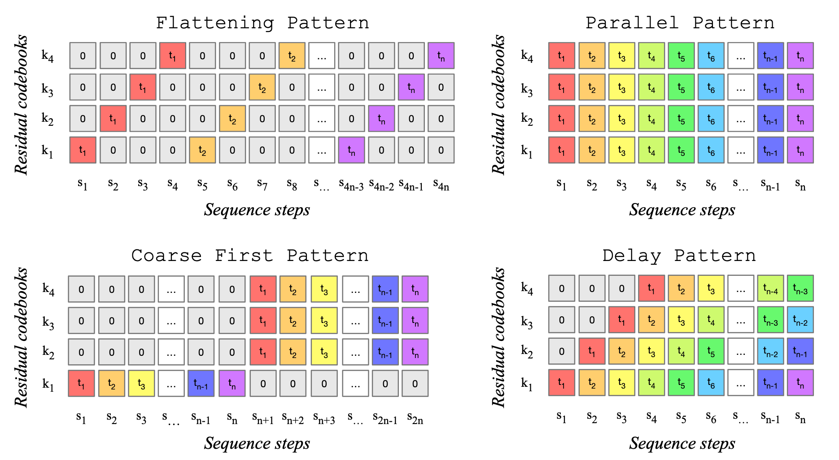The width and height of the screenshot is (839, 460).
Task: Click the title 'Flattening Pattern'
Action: [x=262, y=23]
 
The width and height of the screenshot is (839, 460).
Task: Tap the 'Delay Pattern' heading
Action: [x=679, y=256]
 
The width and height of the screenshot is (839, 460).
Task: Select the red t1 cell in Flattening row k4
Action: [x=173, y=56]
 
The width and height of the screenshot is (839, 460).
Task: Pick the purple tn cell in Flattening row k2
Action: [x=381, y=119]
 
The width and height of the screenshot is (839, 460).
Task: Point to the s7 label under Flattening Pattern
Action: [x=262, y=184]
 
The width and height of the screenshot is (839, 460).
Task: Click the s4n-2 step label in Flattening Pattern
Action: [x=381, y=184]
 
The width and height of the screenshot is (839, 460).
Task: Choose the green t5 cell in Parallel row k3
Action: [x=681, y=87]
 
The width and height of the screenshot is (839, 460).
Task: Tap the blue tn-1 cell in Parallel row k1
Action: [x=770, y=150]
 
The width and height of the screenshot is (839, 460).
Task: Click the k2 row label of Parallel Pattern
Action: [x=527, y=119]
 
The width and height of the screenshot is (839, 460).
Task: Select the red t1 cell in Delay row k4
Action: [x=651, y=288]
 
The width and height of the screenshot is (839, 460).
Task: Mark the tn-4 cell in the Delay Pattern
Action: [x=770, y=288]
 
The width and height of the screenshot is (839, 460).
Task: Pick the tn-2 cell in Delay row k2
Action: [x=770, y=351]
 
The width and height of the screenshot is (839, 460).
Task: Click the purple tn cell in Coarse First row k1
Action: [x=232, y=383]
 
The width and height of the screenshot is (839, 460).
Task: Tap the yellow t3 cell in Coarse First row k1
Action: [x=141, y=383]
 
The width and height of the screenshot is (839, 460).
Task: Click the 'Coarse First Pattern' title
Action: [x=250, y=256]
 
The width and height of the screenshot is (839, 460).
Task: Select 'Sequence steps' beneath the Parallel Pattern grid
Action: [x=682, y=210]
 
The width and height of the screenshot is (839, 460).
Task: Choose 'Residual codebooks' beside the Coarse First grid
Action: [x=21, y=337]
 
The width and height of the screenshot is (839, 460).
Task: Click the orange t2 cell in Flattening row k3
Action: [x=262, y=87]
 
